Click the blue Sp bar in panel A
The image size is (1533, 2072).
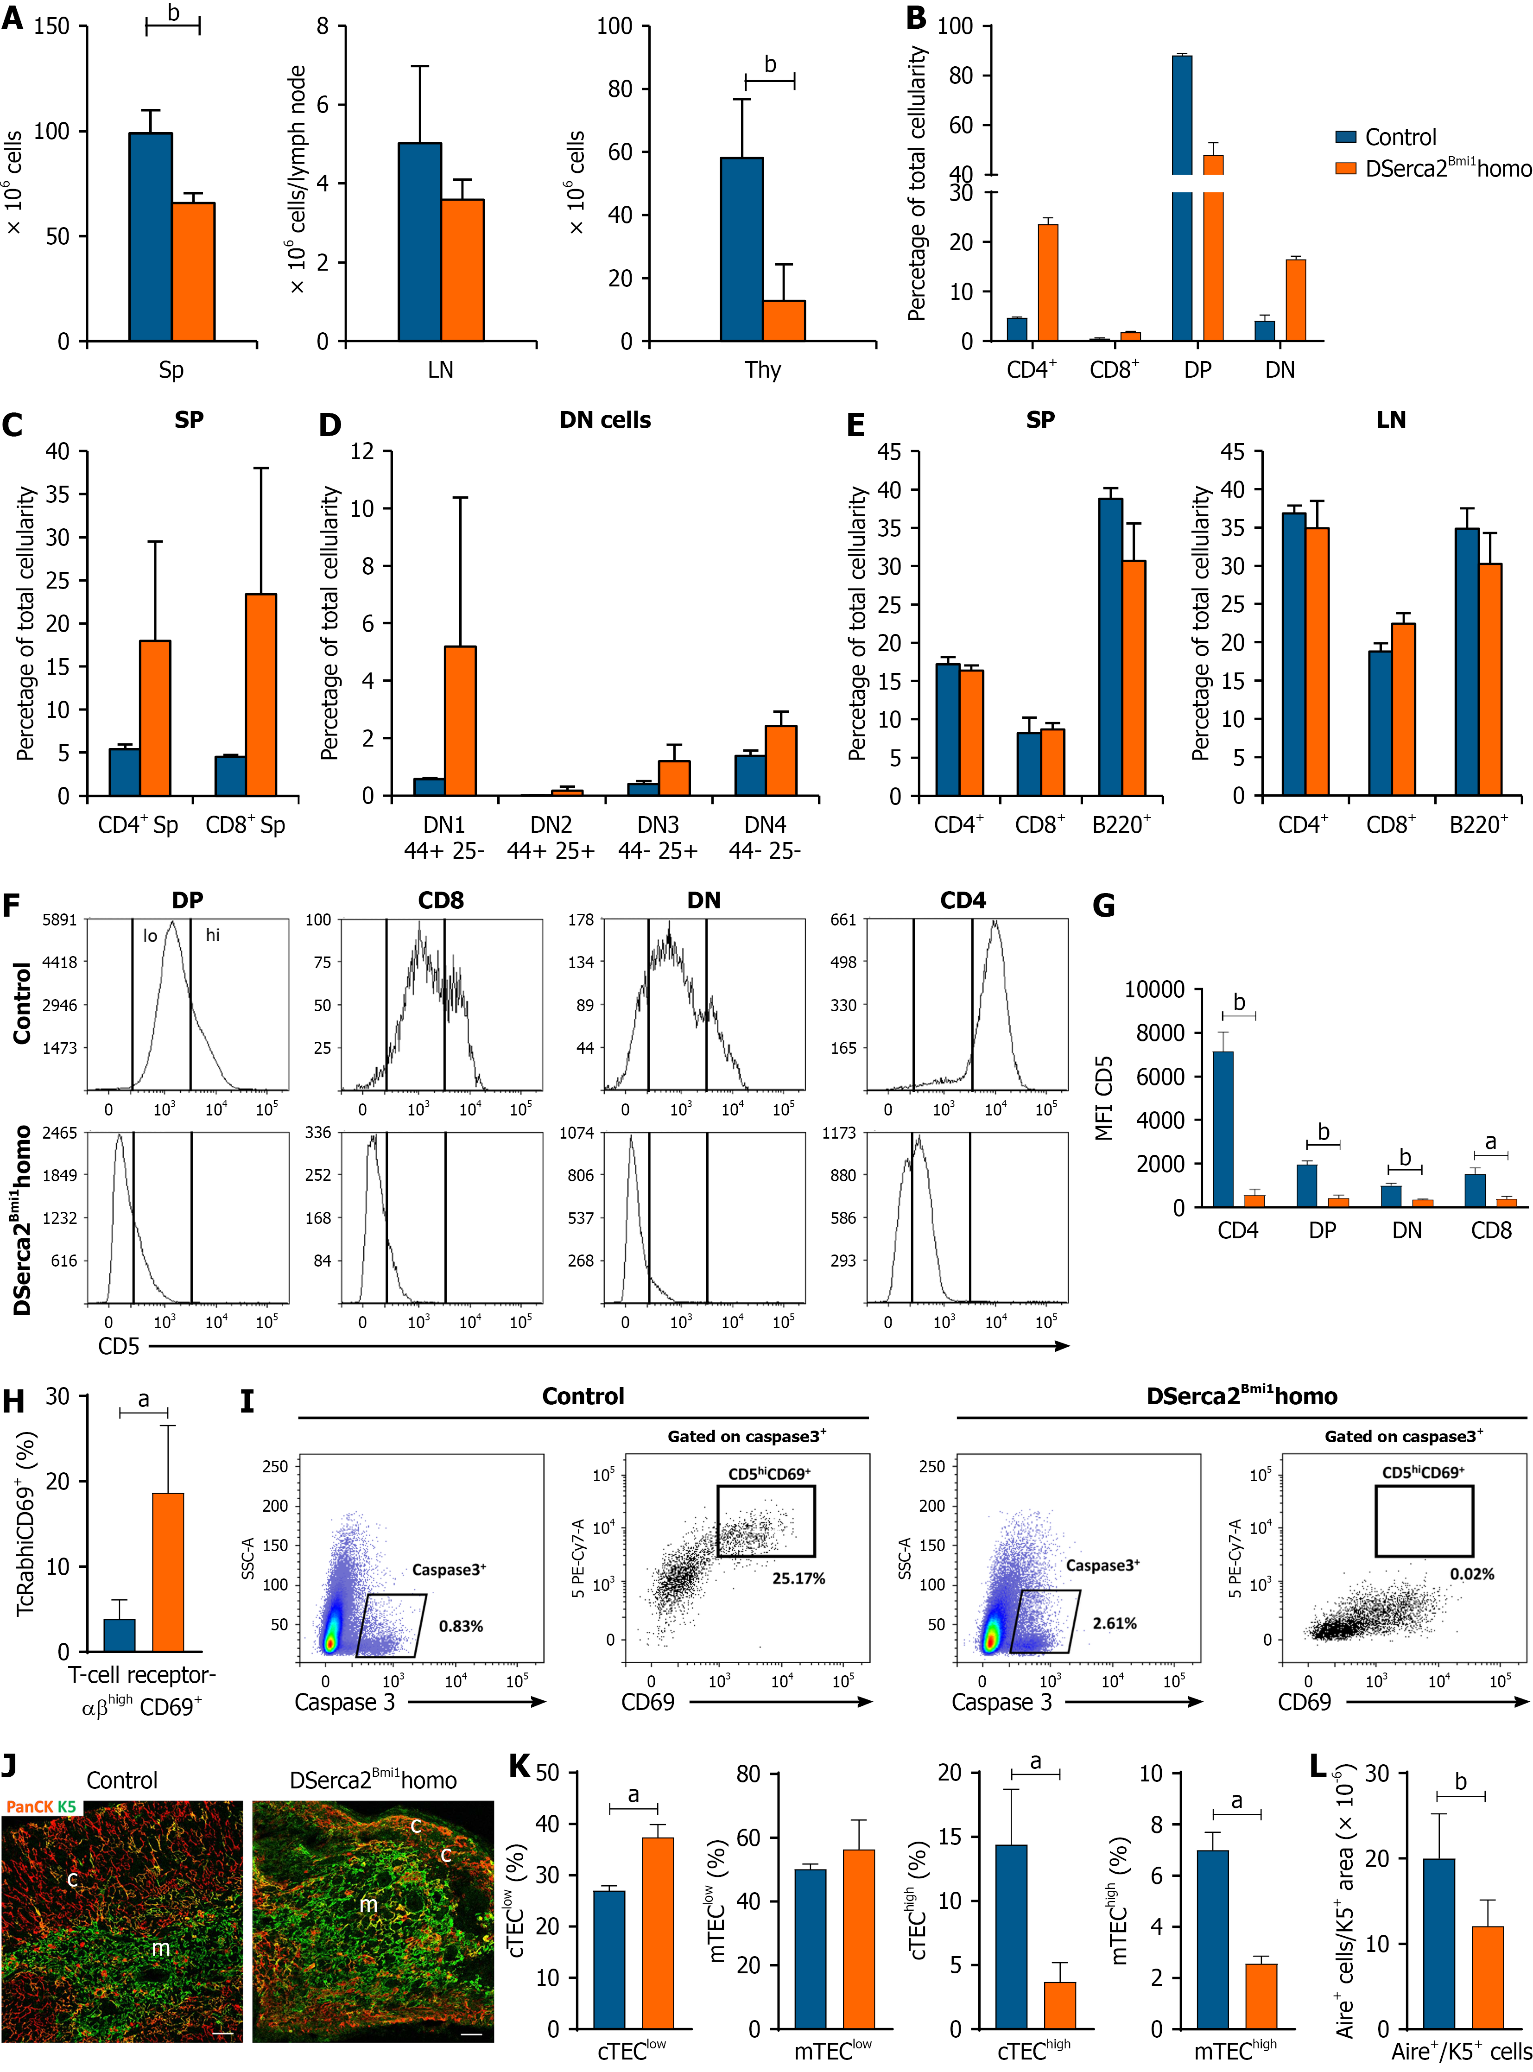pyautogui.click(x=150, y=238)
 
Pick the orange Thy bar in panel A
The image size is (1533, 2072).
pyautogui.click(x=784, y=321)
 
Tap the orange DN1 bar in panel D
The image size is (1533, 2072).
pyautogui.click(x=460, y=721)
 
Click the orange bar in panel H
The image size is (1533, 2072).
pyautogui.click(x=168, y=1572)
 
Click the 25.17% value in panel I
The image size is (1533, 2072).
pyautogui.click(x=798, y=1578)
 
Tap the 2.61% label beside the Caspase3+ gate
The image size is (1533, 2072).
pyautogui.click(x=1115, y=1623)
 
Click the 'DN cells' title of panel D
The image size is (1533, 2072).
pyautogui.click(x=605, y=420)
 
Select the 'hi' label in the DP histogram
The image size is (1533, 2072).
pyautogui.click(x=213, y=935)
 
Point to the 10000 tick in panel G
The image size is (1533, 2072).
pyautogui.click(x=1154, y=990)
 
